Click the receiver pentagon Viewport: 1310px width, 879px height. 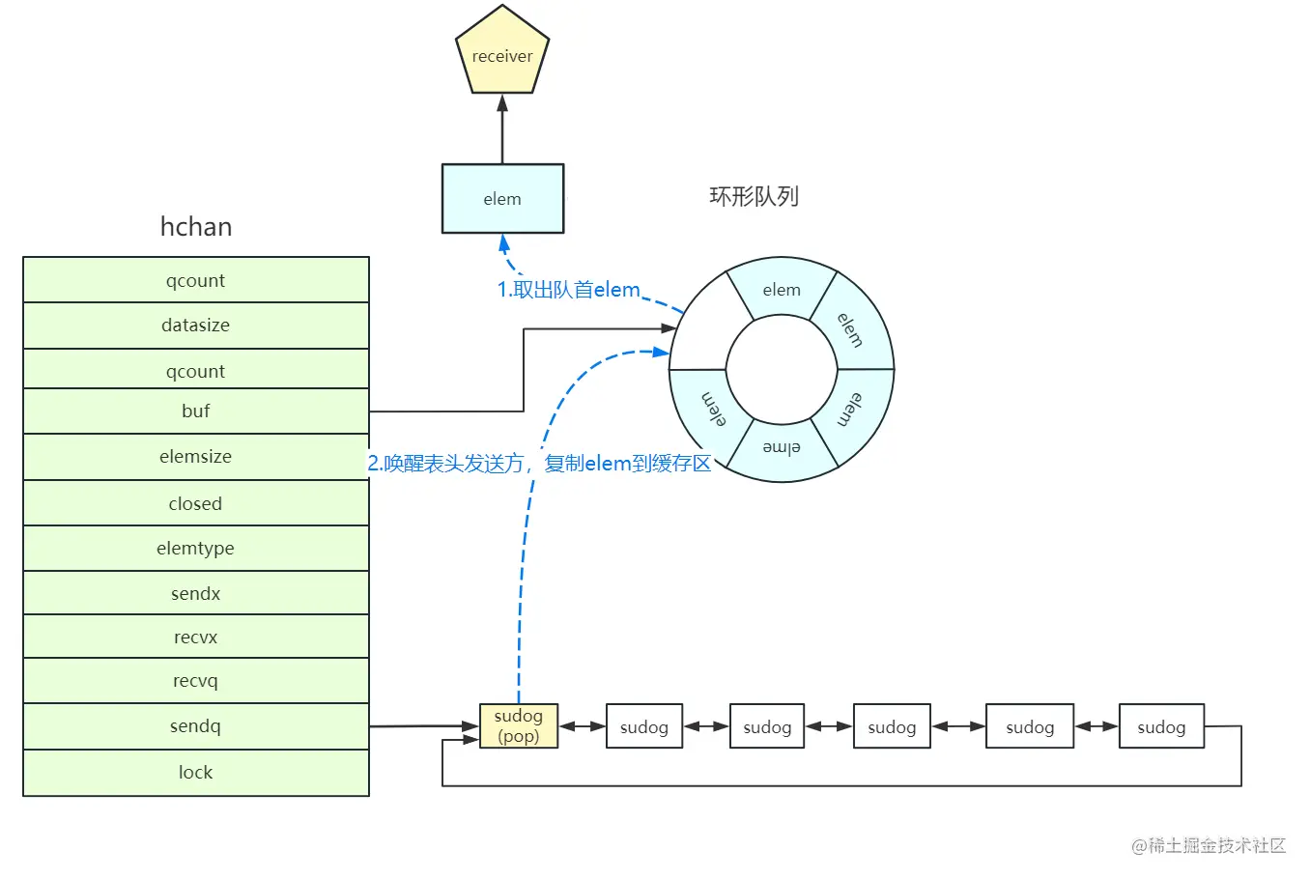click(502, 55)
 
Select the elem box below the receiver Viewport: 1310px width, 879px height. click(502, 199)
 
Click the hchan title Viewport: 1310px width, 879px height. click(196, 227)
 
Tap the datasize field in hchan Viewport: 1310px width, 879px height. click(196, 326)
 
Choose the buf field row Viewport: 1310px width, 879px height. click(196, 411)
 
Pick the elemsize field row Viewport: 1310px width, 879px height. click(196, 457)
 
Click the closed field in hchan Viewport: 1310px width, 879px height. click(196, 503)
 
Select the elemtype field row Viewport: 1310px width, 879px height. click(196, 549)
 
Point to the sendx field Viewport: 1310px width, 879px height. click(196, 593)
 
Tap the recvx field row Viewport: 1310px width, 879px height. click(196, 637)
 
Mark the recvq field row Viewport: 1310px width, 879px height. click(196, 681)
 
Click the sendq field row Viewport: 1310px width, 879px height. click(196, 726)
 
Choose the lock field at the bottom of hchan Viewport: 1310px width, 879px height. click(196, 773)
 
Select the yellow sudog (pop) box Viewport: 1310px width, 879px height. click(519, 726)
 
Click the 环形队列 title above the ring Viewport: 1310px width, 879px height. click(754, 197)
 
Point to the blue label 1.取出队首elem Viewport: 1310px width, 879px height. click(568, 290)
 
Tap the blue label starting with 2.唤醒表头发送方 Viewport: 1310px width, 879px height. click(539, 464)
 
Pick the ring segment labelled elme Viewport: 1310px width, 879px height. click(782, 449)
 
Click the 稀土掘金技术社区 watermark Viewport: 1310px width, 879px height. click(1209, 846)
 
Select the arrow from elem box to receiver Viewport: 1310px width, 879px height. click(502, 129)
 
